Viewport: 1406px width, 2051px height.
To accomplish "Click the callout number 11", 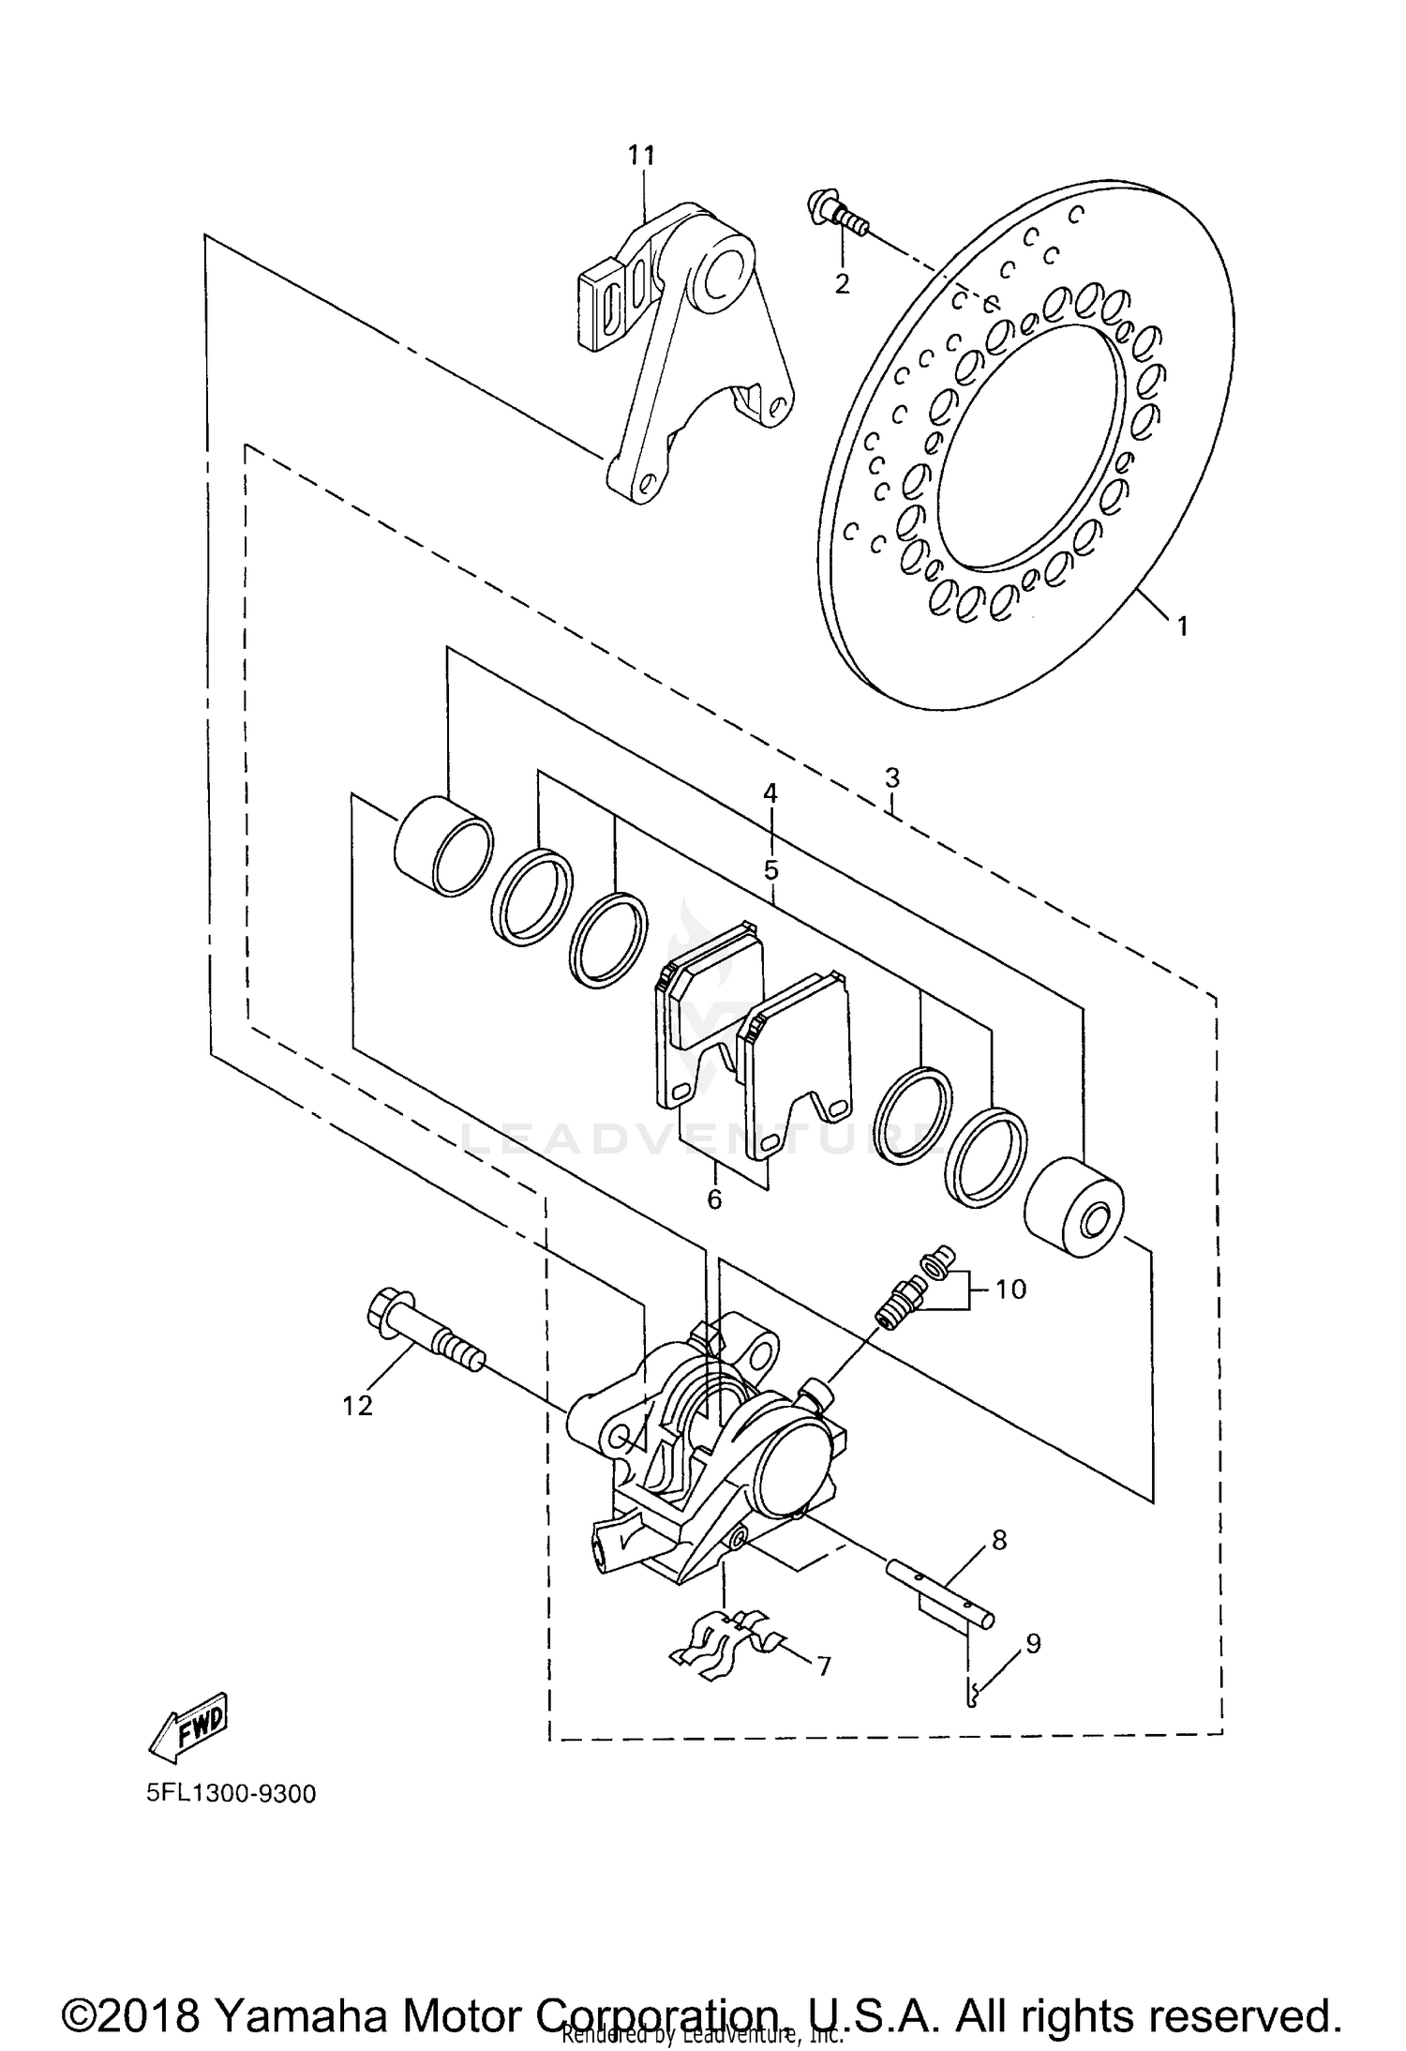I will (641, 155).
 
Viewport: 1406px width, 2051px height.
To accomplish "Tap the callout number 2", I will (842, 282).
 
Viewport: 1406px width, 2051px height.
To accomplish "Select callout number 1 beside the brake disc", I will (1183, 626).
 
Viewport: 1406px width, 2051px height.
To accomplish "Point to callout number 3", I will (891, 777).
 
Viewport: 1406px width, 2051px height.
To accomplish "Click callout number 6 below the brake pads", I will (714, 1199).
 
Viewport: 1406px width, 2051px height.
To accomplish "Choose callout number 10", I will (1010, 1289).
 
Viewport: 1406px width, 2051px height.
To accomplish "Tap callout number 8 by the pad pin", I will (999, 1540).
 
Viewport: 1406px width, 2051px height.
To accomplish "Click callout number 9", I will (1032, 1642).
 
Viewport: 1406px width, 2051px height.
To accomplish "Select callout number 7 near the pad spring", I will (823, 1666).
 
